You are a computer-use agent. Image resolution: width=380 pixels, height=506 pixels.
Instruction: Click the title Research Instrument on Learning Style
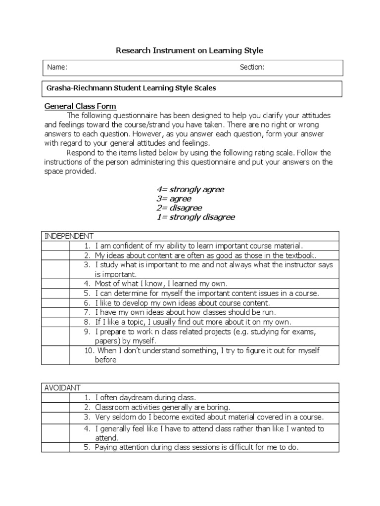pyautogui.click(x=190, y=50)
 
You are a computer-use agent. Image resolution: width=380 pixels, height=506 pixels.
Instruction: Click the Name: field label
pyautogui.click(x=57, y=67)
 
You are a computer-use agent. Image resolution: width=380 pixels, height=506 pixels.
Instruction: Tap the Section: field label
pyautogui.click(x=252, y=67)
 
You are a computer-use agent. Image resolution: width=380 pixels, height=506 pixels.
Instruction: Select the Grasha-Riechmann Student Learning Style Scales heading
pyautogui.click(x=131, y=88)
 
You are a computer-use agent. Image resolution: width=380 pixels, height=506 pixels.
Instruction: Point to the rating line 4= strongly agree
pyautogui.click(x=190, y=190)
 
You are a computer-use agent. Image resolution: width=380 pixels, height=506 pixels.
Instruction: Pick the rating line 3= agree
pyautogui.click(x=174, y=199)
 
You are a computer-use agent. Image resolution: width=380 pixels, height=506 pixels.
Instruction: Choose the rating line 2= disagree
pyautogui.click(x=179, y=208)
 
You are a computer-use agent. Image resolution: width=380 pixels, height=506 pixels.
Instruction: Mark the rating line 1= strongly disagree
pyautogui.click(x=195, y=217)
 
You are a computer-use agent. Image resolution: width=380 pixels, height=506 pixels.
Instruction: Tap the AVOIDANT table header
pyautogui.click(x=62, y=388)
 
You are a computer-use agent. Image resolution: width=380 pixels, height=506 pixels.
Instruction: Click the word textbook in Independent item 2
pyautogui.click(x=298, y=255)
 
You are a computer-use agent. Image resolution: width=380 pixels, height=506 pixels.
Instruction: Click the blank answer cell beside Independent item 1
pyautogui.click(x=55, y=246)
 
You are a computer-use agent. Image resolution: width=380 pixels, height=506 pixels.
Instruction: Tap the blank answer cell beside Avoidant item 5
pyautogui.click(x=55, y=448)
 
